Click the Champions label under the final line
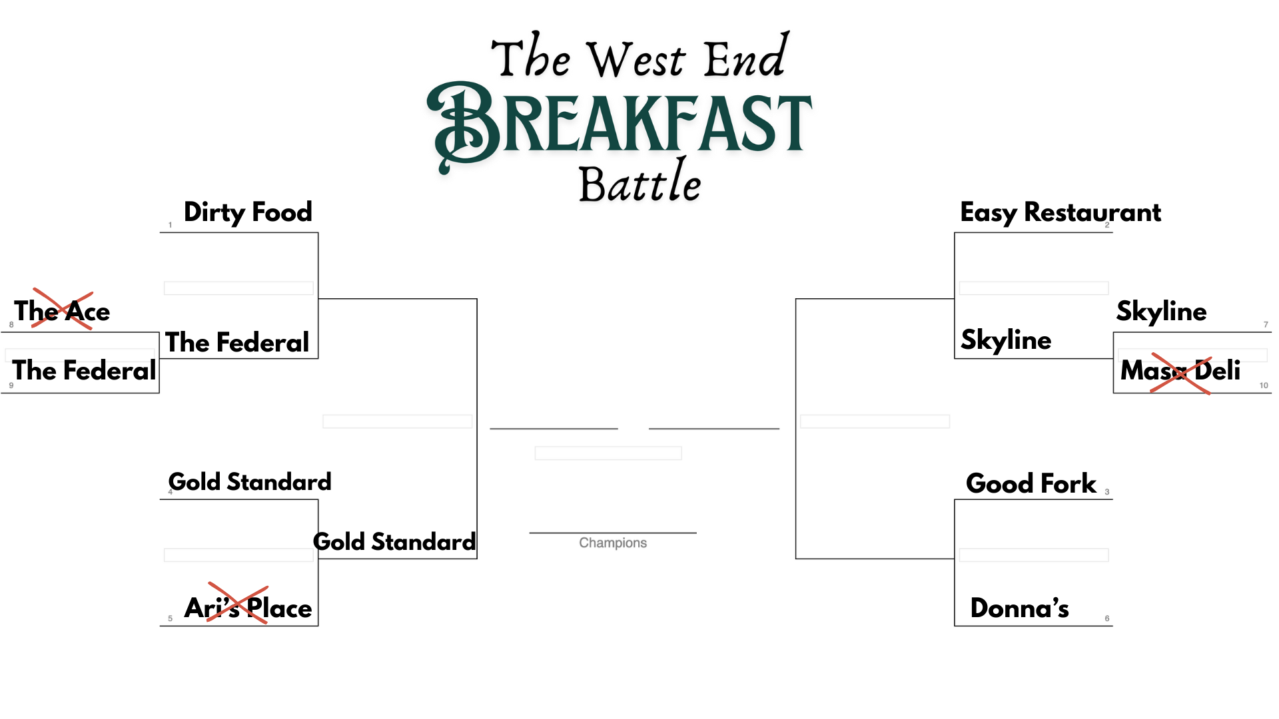[613, 543]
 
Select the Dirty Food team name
[248, 212]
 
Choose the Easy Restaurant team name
[1061, 212]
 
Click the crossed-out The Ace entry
[62, 310]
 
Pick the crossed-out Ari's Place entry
[248, 606]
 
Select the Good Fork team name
[1031, 483]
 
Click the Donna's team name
[1020, 608]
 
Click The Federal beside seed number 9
[84, 370]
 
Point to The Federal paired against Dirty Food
[237, 342]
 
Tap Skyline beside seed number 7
[1162, 311]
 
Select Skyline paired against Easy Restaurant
[1006, 340]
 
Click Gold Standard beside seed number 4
[250, 481]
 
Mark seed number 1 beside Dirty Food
[170, 225]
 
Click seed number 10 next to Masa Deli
[1264, 385]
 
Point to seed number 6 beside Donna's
[1107, 618]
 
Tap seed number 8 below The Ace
[11, 325]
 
